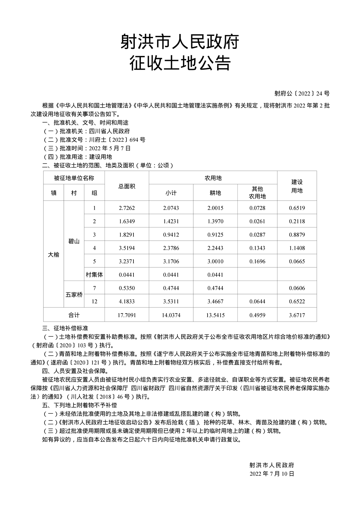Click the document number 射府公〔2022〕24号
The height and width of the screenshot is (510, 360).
click(302, 94)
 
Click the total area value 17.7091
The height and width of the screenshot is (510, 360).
click(127, 315)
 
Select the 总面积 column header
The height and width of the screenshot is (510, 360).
click(127, 186)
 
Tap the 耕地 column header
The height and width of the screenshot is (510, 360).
click(215, 193)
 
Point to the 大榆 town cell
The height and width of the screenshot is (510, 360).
click(54, 255)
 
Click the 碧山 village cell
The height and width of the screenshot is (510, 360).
click(74, 241)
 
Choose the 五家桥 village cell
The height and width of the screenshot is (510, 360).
click(74, 295)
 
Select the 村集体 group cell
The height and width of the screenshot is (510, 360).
click(94, 275)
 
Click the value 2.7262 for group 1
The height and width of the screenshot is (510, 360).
click(127, 208)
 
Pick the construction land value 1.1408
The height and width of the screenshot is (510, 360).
click(297, 248)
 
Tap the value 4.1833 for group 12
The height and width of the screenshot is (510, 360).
click(127, 301)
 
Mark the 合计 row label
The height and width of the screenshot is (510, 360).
click(74, 315)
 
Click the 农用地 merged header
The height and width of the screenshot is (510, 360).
click(213, 178)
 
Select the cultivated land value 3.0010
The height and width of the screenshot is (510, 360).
click(215, 261)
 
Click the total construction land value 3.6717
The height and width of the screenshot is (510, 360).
click(297, 315)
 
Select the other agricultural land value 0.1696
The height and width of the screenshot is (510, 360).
click(257, 261)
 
